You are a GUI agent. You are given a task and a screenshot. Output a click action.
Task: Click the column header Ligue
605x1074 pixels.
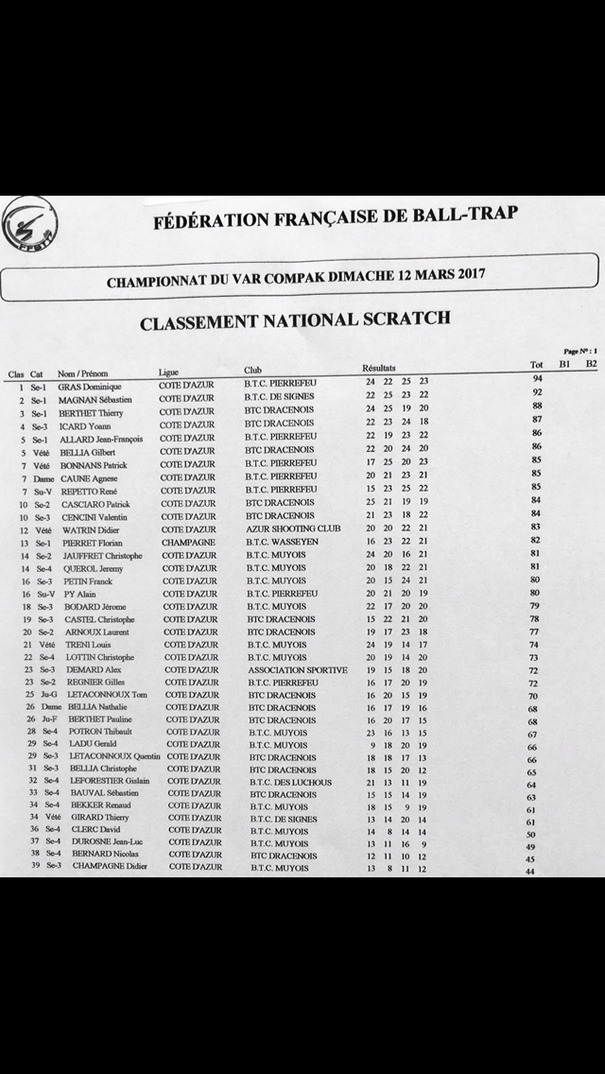[169, 373]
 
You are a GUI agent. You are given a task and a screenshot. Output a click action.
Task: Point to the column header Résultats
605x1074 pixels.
[379, 368]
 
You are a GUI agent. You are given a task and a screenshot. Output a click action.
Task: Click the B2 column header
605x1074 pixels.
[591, 363]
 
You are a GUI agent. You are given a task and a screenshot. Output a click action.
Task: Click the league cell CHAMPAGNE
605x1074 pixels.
[188, 543]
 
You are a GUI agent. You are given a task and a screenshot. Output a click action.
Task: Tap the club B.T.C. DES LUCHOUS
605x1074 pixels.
[290, 782]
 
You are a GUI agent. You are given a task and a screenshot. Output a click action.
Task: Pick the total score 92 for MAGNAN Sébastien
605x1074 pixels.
[537, 391]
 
